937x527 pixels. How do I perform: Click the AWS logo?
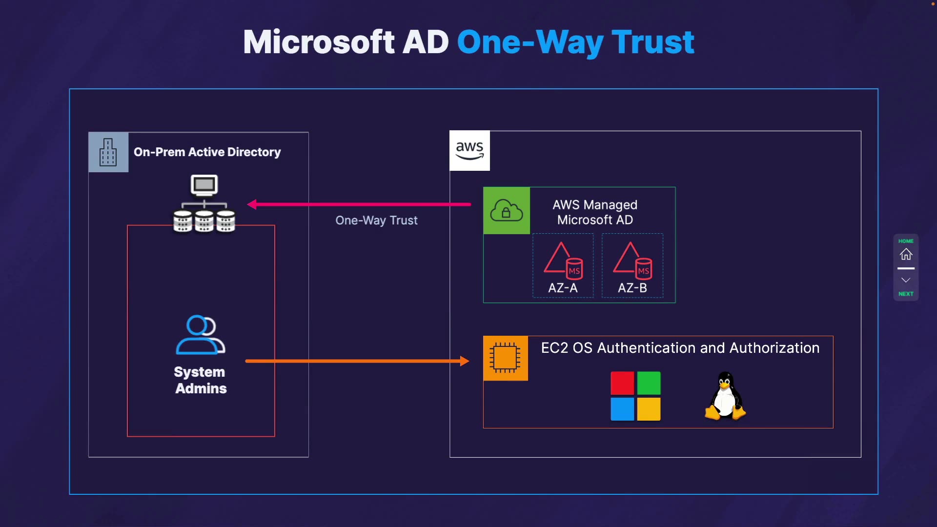[x=469, y=150]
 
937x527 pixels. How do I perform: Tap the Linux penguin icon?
[x=725, y=396]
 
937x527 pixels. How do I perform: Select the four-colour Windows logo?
[x=635, y=396]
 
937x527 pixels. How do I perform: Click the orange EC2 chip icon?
[x=505, y=358]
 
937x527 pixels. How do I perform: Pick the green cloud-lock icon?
[x=507, y=211]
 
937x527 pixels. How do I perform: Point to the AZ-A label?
[x=563, y=288]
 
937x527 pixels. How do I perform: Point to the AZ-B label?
[x=632, y=288]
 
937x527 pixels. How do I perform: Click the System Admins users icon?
[x=200, y=335]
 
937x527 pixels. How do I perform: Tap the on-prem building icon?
[x=108, y=152]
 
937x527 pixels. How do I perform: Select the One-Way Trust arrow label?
[x=376, y=221]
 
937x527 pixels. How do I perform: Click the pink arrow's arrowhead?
[x=252, y=204]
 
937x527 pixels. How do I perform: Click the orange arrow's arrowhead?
[x=464, y=361]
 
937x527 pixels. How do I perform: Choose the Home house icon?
[x=906, y=254]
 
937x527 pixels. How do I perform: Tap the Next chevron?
[x=906, y=280]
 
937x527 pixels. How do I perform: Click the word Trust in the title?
[x=652, y=42]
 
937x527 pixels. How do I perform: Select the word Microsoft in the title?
[x=319, y=42]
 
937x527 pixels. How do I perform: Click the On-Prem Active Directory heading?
[x=207, y=152]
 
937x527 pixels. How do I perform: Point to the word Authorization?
[x=774, y=348]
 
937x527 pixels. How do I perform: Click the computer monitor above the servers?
[x=204, y=185]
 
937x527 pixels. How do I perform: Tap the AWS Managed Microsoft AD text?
[x=595, y=212]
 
